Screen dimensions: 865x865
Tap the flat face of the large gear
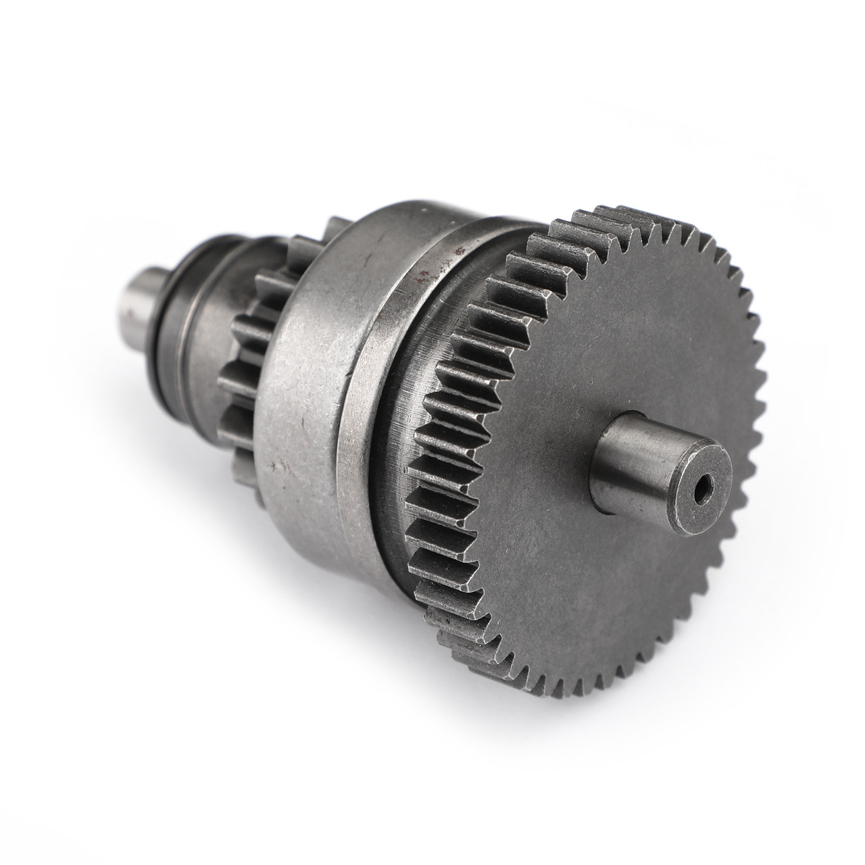tap(608, 574)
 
